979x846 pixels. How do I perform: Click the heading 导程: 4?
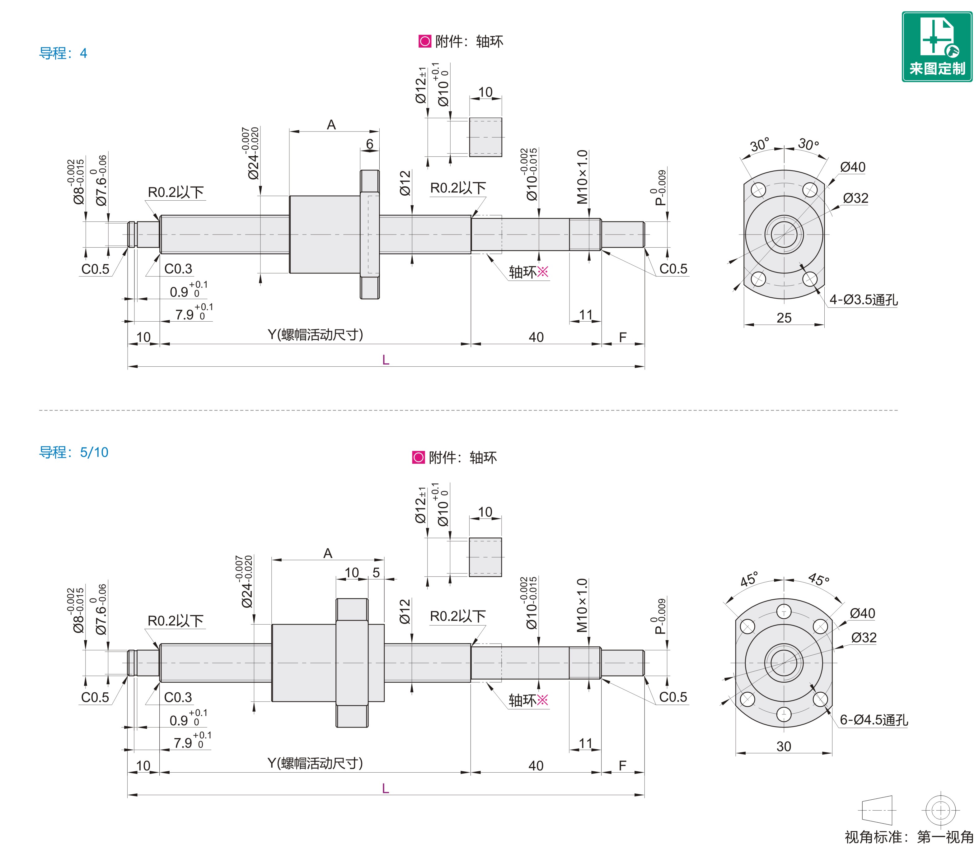(63, 53)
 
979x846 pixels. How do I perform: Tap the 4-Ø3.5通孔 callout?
(863, 300)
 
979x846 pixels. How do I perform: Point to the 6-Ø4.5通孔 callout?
(874, 720)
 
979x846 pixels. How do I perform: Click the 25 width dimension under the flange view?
(784, 318)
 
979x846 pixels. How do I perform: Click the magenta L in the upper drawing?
(386, 360)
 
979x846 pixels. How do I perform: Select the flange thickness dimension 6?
(369, 144)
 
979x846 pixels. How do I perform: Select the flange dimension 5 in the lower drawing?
(376, 573)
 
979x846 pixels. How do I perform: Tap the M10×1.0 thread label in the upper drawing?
(582, 177)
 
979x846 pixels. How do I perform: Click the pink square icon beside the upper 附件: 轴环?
(425, 42)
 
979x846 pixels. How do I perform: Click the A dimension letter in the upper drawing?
(331, 125)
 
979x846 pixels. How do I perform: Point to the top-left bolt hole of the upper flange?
(758, 190)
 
